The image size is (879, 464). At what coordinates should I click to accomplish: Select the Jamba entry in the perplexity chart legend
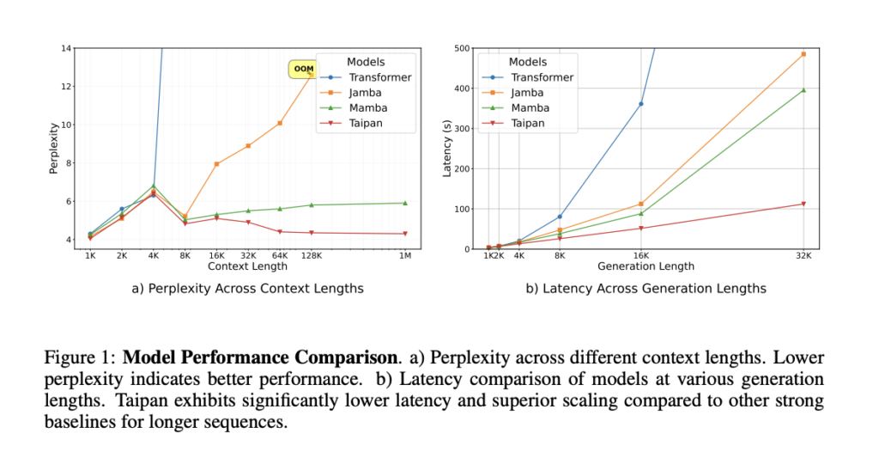point(366,94)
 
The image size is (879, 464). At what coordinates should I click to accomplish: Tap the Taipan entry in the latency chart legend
point(527,124)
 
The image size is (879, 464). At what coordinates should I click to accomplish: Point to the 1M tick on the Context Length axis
point(404,256)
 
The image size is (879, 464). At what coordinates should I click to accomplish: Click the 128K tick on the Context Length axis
point(312,256)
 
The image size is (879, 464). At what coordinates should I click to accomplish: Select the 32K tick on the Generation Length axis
point(803,256)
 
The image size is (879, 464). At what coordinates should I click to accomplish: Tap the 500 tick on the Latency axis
point(463,48)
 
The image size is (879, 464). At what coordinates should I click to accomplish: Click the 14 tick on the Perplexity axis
point(66,48)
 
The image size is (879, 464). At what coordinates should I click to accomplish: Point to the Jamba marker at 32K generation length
point(803,54)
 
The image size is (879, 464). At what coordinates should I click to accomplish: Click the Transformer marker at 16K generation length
point(640,104)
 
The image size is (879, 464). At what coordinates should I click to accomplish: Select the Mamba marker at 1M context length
point(404,203)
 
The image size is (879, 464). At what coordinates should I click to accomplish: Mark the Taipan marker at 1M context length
point(404,234)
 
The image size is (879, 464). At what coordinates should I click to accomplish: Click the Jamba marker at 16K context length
point(216,163)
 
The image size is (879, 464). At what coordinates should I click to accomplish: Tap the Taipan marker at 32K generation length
point(803,204)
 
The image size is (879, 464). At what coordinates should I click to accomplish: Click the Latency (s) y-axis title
point(446,148)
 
